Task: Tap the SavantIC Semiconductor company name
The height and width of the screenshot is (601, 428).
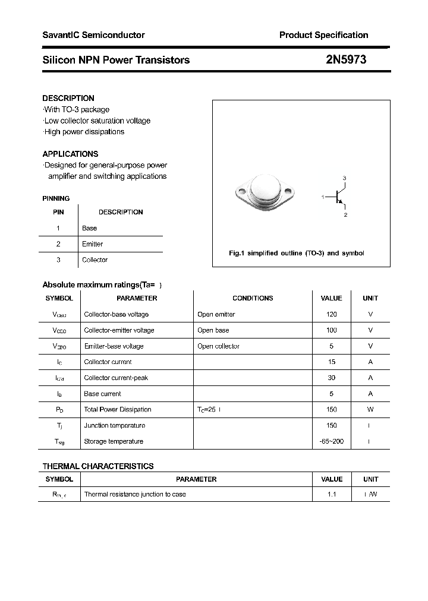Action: coord(93,35)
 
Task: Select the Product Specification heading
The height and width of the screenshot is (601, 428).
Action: coord(323,35)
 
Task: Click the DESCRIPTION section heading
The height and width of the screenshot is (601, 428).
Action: coord(68,98)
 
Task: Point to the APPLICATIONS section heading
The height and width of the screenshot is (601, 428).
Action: coord(70,154)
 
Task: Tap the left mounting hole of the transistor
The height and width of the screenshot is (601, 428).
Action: coord(241,192)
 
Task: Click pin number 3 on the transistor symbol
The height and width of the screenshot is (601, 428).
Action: coord(344,178)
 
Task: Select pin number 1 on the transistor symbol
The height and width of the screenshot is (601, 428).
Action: coord(323,197)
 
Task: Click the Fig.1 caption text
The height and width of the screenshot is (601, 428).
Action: coord(296,253)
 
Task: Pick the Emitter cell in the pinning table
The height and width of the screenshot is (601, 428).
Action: coord(92,244)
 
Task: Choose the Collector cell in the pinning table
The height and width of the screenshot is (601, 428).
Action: coord(95,260)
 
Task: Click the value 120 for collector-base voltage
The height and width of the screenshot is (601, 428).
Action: coord(332,314)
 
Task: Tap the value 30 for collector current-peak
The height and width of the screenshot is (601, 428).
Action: coord(332,378)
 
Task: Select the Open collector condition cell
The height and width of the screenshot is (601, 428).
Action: coord(218,346)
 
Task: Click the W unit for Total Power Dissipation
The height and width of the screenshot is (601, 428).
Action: coord(370,409)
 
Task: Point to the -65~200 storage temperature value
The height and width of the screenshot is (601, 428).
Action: coord(332,441)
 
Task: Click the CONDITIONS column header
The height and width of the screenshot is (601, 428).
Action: coord(253,298)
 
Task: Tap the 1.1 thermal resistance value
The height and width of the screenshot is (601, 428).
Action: coord(332,494)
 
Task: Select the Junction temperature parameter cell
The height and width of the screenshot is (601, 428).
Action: coord(114,425)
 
